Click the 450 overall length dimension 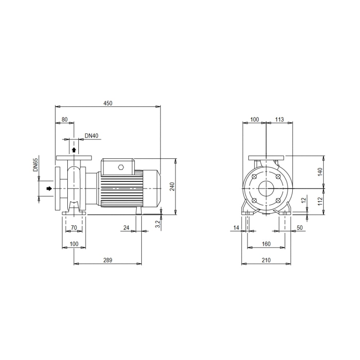[108, 103]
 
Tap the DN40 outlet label [91, 136]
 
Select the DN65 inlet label [36, 165]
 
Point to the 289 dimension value [108, 260]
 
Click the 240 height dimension [172, 186]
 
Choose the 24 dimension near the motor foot [126, 228]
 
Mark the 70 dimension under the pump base [74, 228]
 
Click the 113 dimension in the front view [279, 120]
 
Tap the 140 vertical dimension [320, 172]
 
